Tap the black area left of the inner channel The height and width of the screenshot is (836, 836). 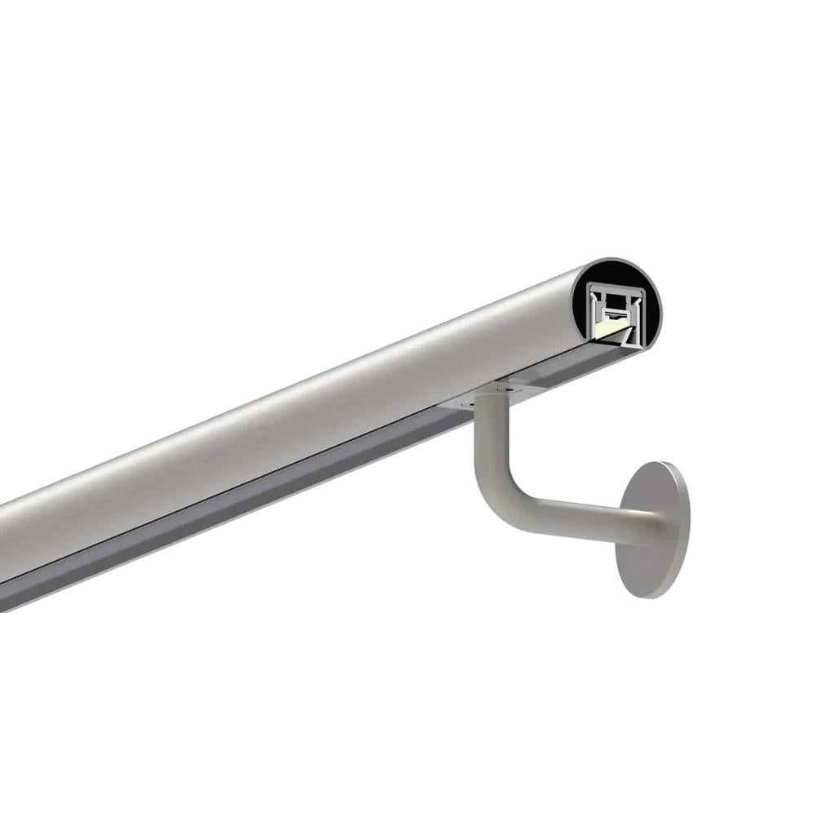point(580,309)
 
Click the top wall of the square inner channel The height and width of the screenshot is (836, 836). point(616,289)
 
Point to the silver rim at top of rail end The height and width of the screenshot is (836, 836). point(618,260)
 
